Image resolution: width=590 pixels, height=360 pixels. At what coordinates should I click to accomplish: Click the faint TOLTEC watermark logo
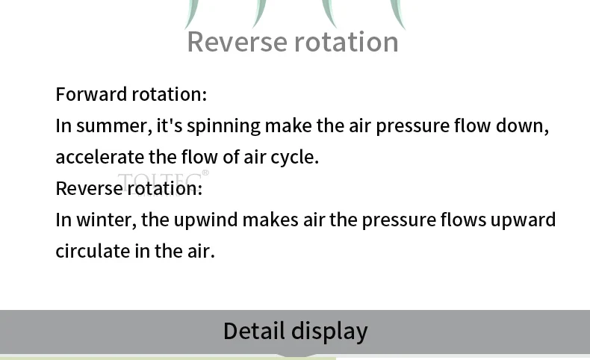tap(159, 181)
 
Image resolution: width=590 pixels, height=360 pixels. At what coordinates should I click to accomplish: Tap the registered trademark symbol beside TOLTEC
tap(205, 173)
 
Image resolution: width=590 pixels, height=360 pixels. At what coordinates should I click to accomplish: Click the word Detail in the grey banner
tap(254, 331)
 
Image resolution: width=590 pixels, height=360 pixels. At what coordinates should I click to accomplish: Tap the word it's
tap(169, 125)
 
